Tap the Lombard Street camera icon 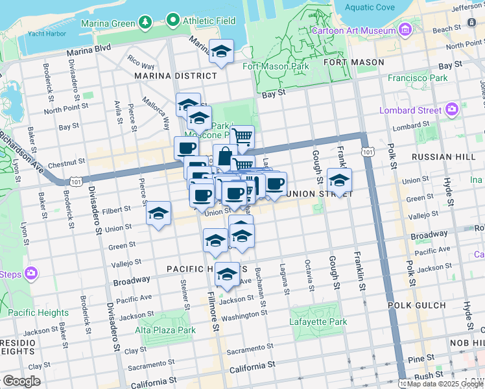(x=451, y=110)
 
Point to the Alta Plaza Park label (x=165, y=330)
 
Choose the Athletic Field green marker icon (x=172, y=21)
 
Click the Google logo (x=21, y=381)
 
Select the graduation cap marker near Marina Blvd (x=222, y=51)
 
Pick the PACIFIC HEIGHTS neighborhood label (x=198, y=268)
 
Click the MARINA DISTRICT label (x=166, y=76)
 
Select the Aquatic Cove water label (x=370, y=8)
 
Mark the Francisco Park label (x=418, y=78)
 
